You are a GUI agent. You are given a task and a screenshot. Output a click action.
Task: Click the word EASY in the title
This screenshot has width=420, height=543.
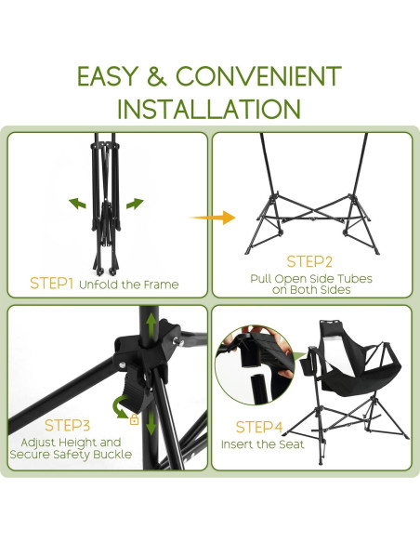[107, 76]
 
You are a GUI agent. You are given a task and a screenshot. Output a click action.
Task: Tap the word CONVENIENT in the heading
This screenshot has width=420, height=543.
[258, 76]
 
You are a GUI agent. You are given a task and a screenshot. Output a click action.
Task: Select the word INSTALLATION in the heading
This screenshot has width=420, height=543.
[209, 109]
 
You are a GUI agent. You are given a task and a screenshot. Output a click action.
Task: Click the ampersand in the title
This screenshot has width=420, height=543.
[157, 76]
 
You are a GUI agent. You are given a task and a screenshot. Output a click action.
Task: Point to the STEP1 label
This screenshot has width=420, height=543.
[51, 284]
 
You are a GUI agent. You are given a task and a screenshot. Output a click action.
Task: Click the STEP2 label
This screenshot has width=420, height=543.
[309, 261]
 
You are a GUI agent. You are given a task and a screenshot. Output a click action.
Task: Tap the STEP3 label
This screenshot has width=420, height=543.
[67, 425]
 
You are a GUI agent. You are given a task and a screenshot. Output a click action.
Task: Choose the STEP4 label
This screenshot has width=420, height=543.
[259, 427]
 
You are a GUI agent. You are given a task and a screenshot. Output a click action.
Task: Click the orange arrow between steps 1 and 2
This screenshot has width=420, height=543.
[213, 218]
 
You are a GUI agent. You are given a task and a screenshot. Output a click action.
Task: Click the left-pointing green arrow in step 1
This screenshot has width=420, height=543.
[77, 204]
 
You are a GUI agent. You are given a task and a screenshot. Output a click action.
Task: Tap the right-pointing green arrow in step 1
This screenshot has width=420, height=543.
[135, 204]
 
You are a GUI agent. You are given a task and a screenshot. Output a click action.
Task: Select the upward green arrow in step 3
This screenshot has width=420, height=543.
[151, 324]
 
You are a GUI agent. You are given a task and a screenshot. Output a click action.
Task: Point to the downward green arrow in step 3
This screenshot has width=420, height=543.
[151, 422]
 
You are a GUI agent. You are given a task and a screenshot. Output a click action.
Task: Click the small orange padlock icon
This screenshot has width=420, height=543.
[134, 419]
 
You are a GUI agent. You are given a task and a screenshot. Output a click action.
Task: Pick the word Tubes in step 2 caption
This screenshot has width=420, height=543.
[355, 279]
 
